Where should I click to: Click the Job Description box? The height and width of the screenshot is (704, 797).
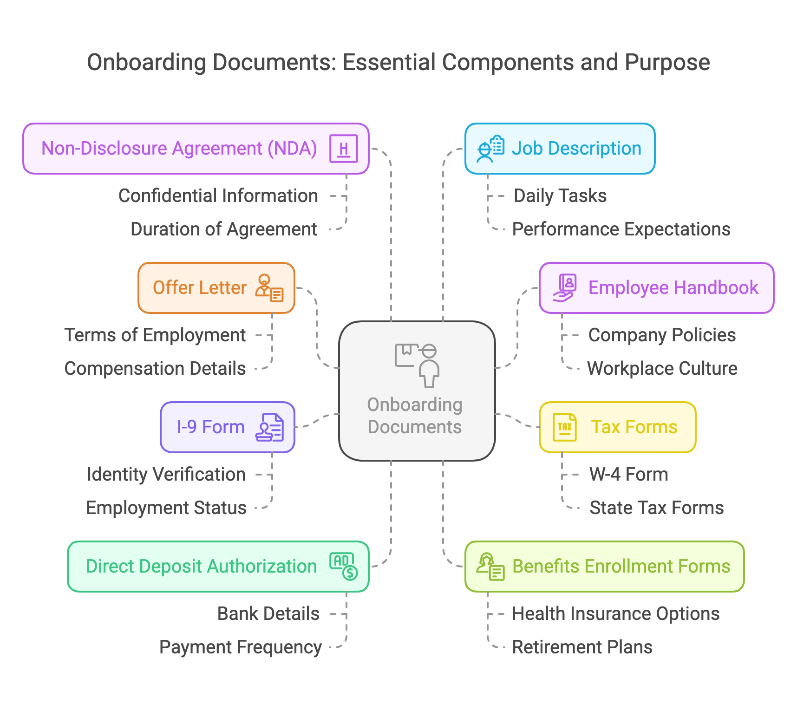click(560, 149)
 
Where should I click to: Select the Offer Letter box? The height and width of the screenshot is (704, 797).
click(216, 288)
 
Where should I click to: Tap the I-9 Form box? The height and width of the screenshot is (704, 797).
click(228, 427)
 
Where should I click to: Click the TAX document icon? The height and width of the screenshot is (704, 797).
click(565, 427)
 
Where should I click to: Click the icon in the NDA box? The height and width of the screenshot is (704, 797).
click(344, 149)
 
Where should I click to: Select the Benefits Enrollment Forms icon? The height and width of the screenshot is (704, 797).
click(490, 567)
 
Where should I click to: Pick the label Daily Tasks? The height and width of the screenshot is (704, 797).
click(560, 196)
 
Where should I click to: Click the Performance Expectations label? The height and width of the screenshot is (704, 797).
click(621, 229)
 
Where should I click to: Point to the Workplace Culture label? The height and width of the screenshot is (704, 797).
click(662, 369)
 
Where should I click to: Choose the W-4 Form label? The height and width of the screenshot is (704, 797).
click(629, 475)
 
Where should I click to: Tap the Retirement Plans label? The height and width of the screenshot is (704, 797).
click(582, 647)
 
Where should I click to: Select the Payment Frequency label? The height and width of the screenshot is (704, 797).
click(241, 647)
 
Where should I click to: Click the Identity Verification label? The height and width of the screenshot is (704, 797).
click(166, 475)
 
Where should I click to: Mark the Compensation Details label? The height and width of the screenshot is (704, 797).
click(155, 369)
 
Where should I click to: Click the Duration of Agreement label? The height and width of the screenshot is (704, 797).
click(224, 229)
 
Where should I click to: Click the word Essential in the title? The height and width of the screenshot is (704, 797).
click(389, 63)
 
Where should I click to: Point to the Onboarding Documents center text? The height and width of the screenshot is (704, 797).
click(415, 416)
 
